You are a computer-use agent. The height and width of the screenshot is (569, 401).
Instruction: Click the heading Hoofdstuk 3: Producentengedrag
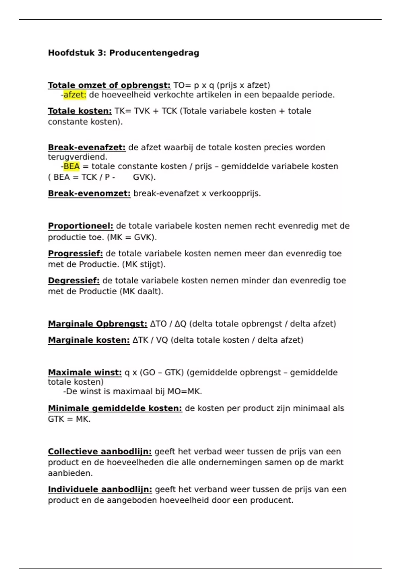pyautogui.click(x=123, y=53)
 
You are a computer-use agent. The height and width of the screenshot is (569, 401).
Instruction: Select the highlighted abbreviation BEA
pyautogui.click(x=72, y=166)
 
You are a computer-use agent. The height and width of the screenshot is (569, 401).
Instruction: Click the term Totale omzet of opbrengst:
pyautogui.click(x=109, y=85)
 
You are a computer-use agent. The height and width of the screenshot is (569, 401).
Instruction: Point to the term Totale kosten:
pyautogui.click(x=80, y=111)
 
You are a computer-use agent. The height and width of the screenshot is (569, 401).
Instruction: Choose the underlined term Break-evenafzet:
pyautogui.click(x=87, y=148)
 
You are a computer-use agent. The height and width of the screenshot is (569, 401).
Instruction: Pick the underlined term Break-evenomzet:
pyautogui.click(x=89, y=193)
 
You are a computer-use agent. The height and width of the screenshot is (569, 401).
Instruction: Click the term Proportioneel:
pyautogui.click(x=81, y=226)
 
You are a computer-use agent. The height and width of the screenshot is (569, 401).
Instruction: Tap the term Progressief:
pyautogui.click(x=75, y=254)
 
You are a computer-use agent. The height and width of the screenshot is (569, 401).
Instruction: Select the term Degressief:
pyautogui.click(x=74, y=280)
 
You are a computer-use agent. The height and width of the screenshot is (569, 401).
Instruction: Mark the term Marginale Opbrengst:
pyautogui.click(x=97, y=324)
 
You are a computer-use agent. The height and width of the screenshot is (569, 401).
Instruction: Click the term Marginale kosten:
pyautogui.click(x=89, y=340)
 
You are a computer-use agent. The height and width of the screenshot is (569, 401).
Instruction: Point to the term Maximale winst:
pyautogui.click(x=85, y=373)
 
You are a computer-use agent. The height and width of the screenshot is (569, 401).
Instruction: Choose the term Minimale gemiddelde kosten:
pyautogui.click(x=115, y=408)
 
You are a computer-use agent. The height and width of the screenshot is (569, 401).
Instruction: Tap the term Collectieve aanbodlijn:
pyautogui.click(x=100, y=452)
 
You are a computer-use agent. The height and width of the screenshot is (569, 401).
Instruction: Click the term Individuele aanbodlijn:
pyautogui.click(x=100, y=489)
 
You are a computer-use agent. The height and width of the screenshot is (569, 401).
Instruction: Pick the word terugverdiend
pyautogui.click(x=77, y=157)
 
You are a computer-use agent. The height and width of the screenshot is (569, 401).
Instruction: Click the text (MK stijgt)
pyautogui.click(x=144, y=264)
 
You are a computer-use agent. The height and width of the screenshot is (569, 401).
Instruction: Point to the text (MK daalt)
pyautogui.click(x=141, y=292)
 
